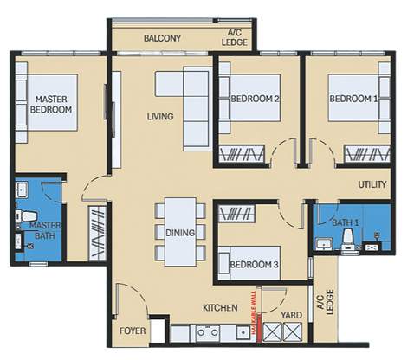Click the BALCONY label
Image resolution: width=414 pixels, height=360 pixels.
pos(162,38)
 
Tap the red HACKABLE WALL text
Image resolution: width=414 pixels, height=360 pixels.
pos(254,312)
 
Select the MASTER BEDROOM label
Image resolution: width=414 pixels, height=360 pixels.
pos(51,105)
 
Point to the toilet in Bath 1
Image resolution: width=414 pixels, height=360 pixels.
pos(349,240)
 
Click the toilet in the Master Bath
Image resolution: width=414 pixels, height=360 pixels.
pos(27,215)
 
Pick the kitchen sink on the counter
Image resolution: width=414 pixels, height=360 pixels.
pos(243,333)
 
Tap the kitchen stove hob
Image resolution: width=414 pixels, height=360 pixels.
pos(208,333)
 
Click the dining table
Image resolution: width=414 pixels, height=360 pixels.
pos(180,232)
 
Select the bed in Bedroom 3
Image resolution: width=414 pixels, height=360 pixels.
pos(249,263)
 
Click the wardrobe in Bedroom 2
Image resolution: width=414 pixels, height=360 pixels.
pos(242,154)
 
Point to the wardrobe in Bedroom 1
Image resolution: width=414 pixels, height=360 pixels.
pos(367,154)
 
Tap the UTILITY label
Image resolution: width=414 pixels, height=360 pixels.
pos(372,184)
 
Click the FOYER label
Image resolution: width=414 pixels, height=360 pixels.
pos(133,331)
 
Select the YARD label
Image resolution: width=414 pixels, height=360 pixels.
pos(292,315)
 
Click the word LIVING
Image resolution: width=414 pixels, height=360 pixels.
pos(160,116)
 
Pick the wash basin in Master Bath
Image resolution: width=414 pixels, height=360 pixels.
pos(22,190)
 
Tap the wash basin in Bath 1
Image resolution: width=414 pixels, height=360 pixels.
pos(323,245)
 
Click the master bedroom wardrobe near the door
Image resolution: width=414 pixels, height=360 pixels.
pos(97,233)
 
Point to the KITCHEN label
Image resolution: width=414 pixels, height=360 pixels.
pos(220,308)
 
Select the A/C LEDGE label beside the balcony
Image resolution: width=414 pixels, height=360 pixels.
pos(235,37)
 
